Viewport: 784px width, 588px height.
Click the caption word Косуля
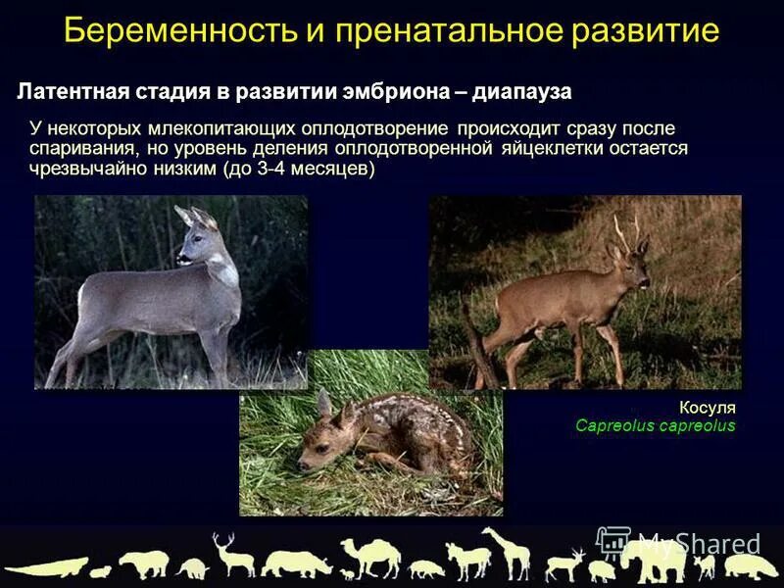[x=707, y=407]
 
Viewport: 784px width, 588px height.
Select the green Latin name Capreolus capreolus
[x=655, y=426]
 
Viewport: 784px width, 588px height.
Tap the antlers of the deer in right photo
[x=627, y=229]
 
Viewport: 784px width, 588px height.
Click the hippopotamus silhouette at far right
[x=750, y=565]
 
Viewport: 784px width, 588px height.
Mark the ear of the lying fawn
[x=324, y=404]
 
